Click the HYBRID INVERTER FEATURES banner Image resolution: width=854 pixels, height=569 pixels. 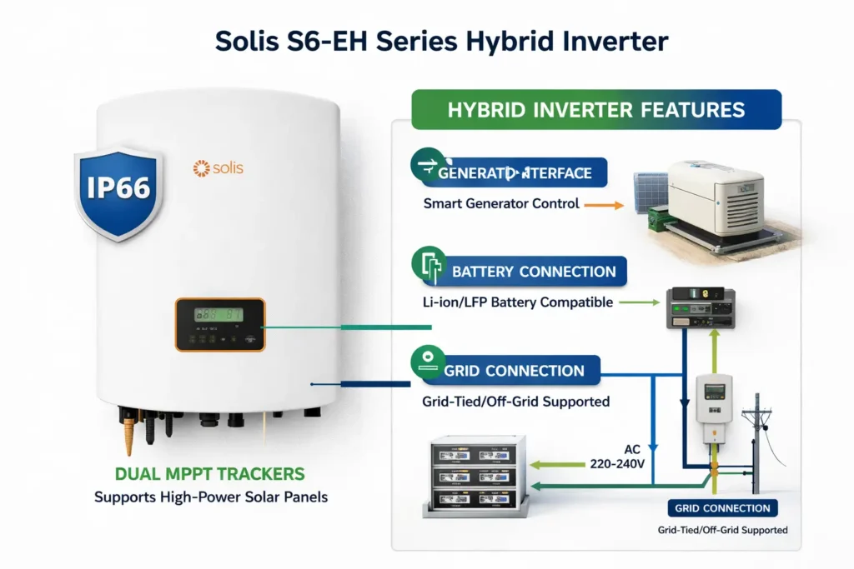596,109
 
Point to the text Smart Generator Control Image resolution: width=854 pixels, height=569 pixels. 501,202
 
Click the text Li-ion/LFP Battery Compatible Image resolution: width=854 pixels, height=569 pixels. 518,302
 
